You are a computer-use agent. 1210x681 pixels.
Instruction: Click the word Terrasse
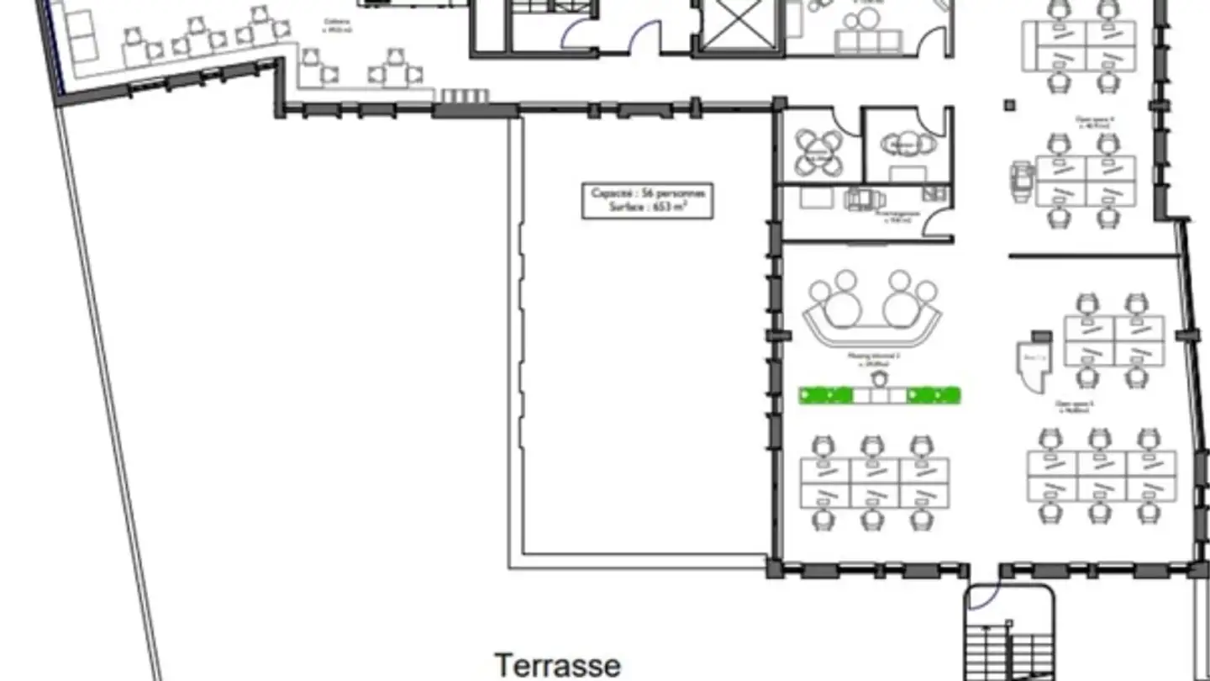pos(558,665)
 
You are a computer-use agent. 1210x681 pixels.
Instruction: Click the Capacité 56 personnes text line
pos(647,193)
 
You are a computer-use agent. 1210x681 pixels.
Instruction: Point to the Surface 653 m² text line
pos(647,208)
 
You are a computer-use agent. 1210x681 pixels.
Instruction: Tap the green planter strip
pos(879,395)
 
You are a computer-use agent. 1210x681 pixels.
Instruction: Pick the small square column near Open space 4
pos(1009,105)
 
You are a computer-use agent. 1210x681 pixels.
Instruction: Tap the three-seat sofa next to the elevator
pos(868,40)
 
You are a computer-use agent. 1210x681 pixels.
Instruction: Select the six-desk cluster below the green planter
pos(873,483)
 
